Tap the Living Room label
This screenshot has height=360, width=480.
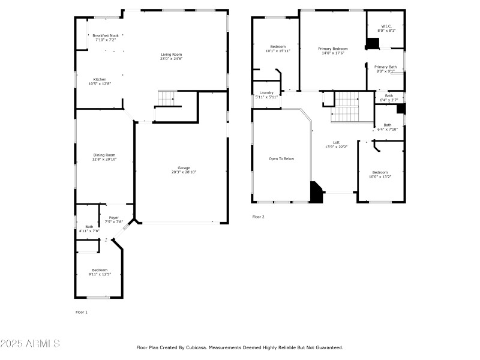(170, 56)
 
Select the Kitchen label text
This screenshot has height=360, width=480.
(100, 82)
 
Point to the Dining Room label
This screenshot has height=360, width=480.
(104, 157)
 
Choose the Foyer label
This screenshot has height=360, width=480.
(113, 220)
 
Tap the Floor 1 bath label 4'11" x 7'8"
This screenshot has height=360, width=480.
(89, 229)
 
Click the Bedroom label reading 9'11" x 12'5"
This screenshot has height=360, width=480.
(100, 272)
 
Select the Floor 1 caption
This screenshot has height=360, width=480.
(81, 312)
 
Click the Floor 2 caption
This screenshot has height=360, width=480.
(258, 217)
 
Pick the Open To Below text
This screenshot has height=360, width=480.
(281, 158)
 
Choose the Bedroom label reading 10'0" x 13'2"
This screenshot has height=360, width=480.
(379, 175)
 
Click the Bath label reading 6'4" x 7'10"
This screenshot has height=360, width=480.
(387, 127)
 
